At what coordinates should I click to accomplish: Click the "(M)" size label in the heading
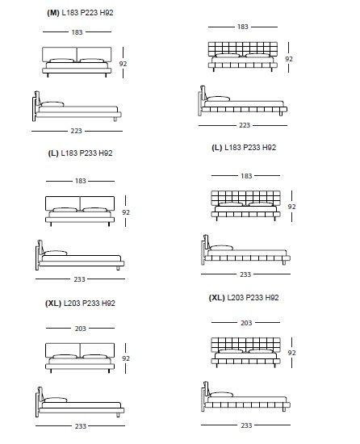(53, 13)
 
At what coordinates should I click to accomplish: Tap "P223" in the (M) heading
(87, 13)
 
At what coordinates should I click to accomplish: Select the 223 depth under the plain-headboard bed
(77, 131)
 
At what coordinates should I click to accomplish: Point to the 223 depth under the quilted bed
(245, 125)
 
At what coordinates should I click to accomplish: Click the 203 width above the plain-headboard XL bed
(81, 329)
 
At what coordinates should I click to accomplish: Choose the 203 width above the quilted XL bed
(246, 323)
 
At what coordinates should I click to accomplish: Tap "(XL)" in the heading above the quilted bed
(216, 298)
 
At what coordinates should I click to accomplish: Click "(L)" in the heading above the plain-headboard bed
(53, 153)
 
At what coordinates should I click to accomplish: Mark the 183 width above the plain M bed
(77, 32)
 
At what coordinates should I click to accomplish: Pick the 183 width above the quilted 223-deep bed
(243, 27)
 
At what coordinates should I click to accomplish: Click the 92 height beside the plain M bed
(123, 64)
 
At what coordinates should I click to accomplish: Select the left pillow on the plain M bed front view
(61, 61)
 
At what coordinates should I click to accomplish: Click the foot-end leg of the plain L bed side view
(118, 268)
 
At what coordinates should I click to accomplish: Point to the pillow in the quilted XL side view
(222, 395)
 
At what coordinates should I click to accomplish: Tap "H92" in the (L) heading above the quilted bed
(269, 148)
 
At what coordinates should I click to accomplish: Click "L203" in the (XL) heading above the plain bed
(72, 304)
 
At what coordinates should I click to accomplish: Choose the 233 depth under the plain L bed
(80, 279)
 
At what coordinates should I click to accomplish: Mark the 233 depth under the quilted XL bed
(246, 425)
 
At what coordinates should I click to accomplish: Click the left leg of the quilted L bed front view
(217, 219)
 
